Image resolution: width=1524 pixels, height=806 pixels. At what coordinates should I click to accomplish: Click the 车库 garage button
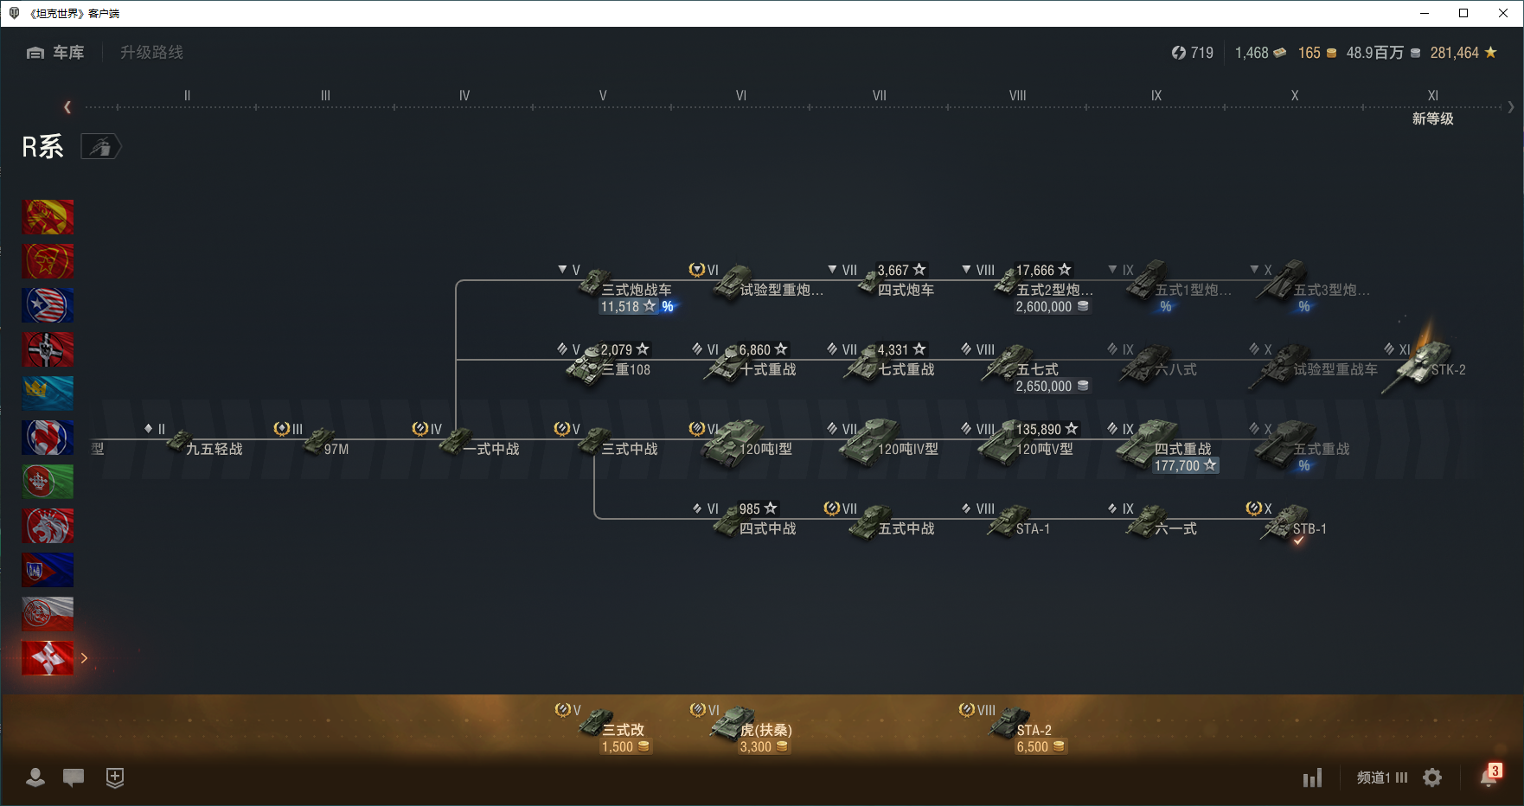point(56,53)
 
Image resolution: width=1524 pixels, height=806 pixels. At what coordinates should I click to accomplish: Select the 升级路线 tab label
point(151,53)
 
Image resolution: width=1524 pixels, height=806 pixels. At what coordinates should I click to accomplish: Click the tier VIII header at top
point(1017,95)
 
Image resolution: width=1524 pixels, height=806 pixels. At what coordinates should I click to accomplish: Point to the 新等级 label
point(1432,118)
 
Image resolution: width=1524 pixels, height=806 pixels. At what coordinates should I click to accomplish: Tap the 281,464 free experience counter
point(1462,53)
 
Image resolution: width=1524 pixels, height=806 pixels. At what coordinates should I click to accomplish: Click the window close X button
point(1503,13)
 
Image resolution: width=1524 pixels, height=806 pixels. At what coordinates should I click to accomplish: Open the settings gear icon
point(1432,777)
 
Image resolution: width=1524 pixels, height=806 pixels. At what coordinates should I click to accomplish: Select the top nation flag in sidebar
point(48,217)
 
